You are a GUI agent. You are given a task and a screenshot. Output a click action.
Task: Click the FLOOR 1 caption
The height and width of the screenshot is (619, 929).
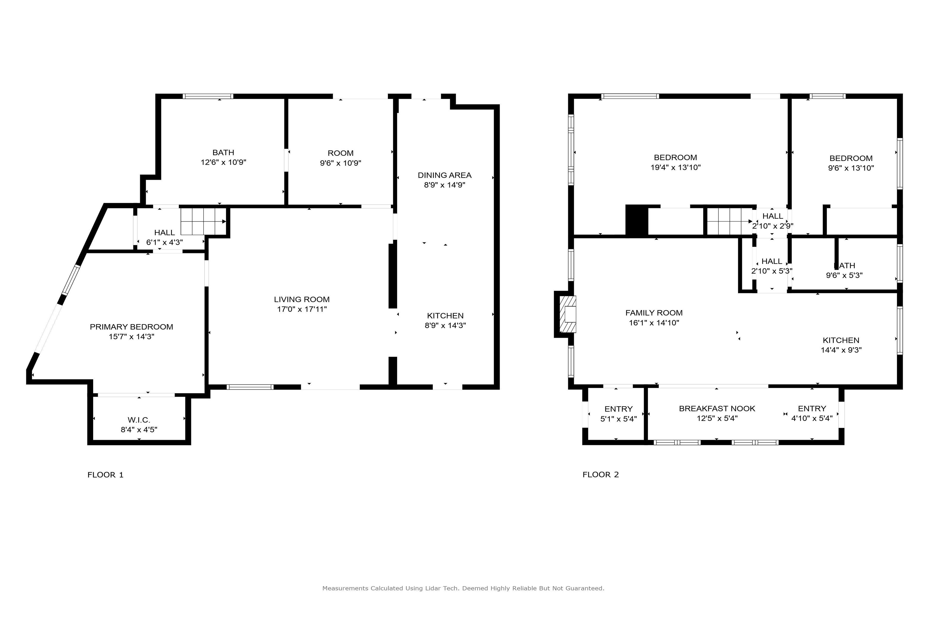tap(106, 475)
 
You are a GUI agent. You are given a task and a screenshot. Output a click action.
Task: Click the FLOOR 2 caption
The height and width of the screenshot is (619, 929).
tap(600, 475)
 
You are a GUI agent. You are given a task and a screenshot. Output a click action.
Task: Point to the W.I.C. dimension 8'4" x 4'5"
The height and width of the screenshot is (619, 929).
tap(139, 429)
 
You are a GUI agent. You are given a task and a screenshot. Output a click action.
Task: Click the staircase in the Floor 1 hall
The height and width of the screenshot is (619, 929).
tap(203, 222)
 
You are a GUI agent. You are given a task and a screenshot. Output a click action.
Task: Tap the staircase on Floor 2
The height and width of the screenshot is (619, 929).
tap(729, 222)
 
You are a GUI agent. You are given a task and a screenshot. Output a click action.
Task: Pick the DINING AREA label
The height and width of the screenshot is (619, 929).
tap(444, 175)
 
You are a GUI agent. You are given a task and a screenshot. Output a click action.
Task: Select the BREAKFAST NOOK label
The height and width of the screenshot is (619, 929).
tap(717, 409)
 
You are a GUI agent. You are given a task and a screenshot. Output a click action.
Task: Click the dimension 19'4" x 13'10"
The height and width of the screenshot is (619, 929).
tap(675, 167)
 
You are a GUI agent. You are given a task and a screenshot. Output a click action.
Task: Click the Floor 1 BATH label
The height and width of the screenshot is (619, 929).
tap(223, 152)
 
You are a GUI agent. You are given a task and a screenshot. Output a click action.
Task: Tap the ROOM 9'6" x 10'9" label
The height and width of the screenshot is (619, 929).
tap(340, 158)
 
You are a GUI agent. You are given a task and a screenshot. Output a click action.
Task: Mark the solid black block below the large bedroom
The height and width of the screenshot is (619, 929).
tap(637, 220)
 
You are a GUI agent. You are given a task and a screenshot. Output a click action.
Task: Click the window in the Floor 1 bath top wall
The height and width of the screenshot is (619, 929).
tap(208, 96)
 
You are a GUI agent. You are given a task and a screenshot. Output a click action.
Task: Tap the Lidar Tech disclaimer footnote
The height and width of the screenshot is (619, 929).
tap(463, 588)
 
